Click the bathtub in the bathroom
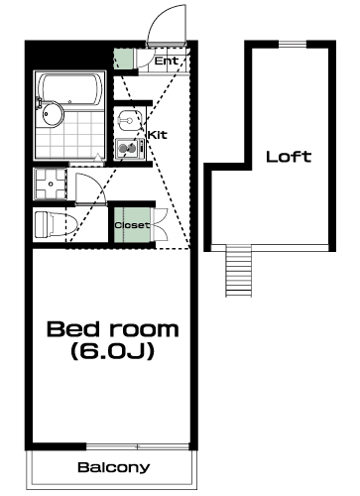tap(69, 89)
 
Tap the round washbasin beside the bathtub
tap(53, 114)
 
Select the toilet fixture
tap(56, 224)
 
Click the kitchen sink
tap(129, 120)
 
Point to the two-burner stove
tap(130, 149)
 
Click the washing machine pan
tap(51, 184)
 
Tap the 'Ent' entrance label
tap(167, 61)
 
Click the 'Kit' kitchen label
tap(158, 135)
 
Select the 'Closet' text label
tap(132, 225)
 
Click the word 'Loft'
tap(289, 157)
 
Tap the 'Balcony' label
tap(114, 467)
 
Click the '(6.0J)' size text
tap(112, 351)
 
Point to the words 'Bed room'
tap(113, 328)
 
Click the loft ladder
tap(238, 271)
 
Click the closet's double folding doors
tap(161, 225)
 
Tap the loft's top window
tap(293, 44)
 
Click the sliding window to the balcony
tap(138, 446)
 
